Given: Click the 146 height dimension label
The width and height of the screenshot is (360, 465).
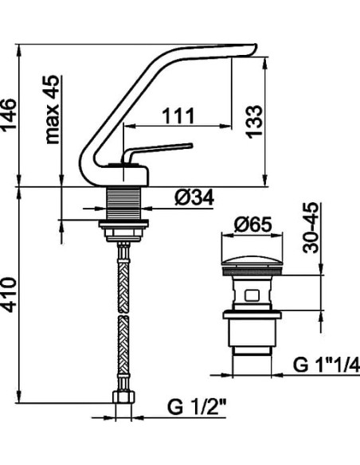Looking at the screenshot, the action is pyautogui.click(x=9, y=115).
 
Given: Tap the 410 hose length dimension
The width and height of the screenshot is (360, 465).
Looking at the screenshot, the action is pyautogui.click(x=9, y=295).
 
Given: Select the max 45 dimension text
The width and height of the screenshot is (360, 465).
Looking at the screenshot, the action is pyautogui.click(x=53, y=109).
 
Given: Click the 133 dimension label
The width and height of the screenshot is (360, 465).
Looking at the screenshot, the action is pyautogui.click(x=254, y=122).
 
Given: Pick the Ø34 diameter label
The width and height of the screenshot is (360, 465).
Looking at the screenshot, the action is pyautogui.click(x=194, y=197).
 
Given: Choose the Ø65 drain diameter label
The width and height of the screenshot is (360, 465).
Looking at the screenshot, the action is pyautogui.click(x=252, y=225).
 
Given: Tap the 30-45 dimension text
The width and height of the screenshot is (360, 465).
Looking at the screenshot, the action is pyautogui.click(x=311, y=228).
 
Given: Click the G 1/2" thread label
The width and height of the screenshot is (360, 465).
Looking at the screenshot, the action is pyautogui.click(x=197, y=408).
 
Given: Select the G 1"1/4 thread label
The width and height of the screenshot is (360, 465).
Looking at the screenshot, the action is pyautogui.click(x=327, y=365).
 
